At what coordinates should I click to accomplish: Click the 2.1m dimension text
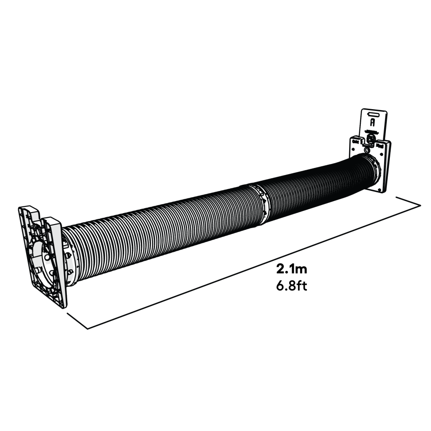292,269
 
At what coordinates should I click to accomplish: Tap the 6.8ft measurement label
292,286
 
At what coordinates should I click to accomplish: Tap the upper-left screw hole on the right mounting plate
354,142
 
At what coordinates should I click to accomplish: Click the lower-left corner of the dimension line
89,328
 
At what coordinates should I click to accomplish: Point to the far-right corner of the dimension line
420,205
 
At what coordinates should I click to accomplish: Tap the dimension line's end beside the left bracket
68,313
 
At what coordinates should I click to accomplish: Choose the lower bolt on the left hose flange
69,272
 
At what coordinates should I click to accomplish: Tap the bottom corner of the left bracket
63,307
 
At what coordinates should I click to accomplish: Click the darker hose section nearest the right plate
318,186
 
